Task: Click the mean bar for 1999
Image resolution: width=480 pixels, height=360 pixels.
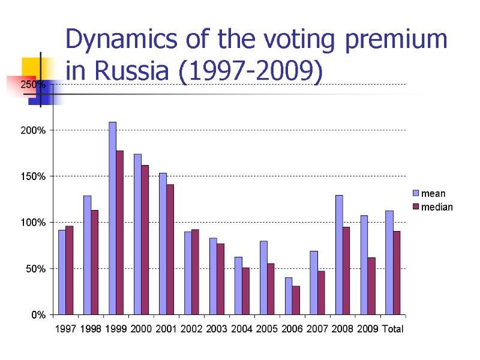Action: point(112,218)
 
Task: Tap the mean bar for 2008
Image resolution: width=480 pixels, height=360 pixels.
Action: point(339,254)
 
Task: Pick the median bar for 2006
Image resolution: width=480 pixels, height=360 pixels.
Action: point(296,300)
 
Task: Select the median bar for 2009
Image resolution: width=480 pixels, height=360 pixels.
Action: point(371,286)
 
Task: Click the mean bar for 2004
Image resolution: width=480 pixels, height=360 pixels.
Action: point(238,286)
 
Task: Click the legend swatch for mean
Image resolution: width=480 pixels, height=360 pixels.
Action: point(415,193)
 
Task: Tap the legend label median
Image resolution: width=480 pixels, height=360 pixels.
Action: point(437,207)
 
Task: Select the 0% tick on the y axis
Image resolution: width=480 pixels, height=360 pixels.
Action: point(38,314)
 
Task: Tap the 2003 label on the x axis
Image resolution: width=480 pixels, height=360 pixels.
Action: point(217,329)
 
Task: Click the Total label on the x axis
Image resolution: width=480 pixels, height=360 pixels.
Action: point(394,329)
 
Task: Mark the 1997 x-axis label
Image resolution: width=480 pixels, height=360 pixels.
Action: point(65,329)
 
